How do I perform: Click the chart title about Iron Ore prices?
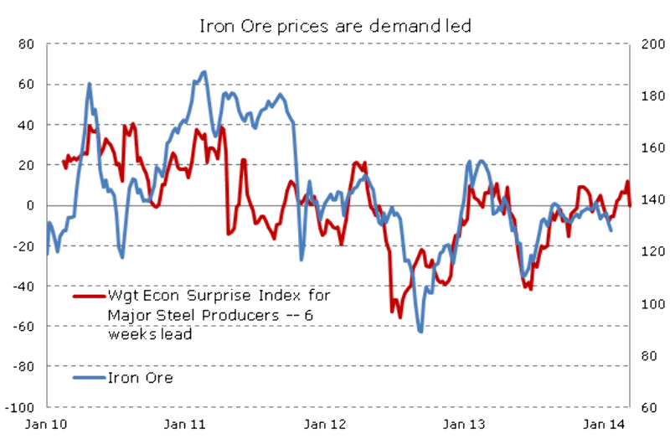pyautogui.click(x=335, y=25)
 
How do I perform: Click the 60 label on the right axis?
pyautogui.click(x=647, y=407)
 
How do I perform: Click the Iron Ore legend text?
pyautogui.click(x=140, y=377)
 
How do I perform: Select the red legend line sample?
pyautogui.click(x=89, y=296)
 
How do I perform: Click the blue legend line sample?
pyautogui.click(x=89, y=377)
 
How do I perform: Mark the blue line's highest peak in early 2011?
pyautogui.click(x=204, y=72)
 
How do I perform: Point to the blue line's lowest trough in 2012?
pyautogui.click(x=420, y=331)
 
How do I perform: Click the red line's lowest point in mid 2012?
pyautogui.click(x=399, y=317)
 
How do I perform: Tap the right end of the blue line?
pyautogui.click(x=611, y=230)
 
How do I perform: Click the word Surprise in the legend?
pyautogui.click(x=209, y=296)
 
